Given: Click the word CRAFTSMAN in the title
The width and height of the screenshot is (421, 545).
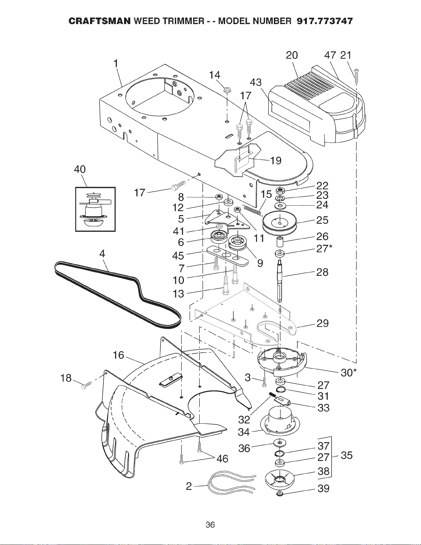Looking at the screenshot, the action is [x=99, y=21].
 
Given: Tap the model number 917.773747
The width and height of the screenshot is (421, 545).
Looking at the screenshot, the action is [x=324, y=21].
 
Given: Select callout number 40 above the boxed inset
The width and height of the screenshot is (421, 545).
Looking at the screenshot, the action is [x=80, y=169].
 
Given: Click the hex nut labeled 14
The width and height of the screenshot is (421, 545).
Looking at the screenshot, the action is [x=227, y=89].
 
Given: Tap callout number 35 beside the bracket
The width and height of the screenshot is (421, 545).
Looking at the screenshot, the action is [x=346, y=455].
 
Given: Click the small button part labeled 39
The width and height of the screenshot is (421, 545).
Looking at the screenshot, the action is [x=280, y=494].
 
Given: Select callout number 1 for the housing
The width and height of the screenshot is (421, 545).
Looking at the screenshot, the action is [x=115, y=64].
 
